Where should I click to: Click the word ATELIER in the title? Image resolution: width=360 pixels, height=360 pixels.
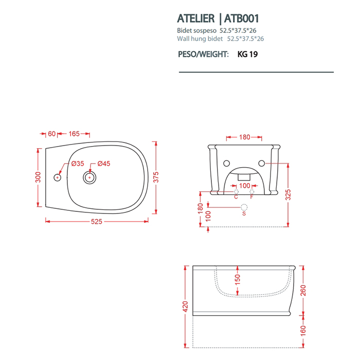[196, 19]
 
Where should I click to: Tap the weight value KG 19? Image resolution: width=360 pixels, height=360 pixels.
[247, 54]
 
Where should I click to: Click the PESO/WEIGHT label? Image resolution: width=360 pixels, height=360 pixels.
[203, 54]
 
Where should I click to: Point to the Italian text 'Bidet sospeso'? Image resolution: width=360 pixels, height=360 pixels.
[196, 30]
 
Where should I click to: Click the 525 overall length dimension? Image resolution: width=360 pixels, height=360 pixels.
[97, 221]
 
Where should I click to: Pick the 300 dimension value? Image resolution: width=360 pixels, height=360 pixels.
[38, 176]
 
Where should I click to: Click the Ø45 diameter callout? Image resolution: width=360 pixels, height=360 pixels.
[104, 164]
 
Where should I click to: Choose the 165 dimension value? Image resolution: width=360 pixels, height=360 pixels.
[74, 134]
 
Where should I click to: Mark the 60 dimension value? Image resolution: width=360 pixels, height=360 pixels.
[51, 134]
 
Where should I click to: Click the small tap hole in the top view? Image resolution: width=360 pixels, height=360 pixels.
[57, 177]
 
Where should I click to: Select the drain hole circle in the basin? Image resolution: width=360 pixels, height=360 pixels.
[89, 177]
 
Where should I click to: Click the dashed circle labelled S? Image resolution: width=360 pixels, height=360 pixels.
[244, 207]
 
